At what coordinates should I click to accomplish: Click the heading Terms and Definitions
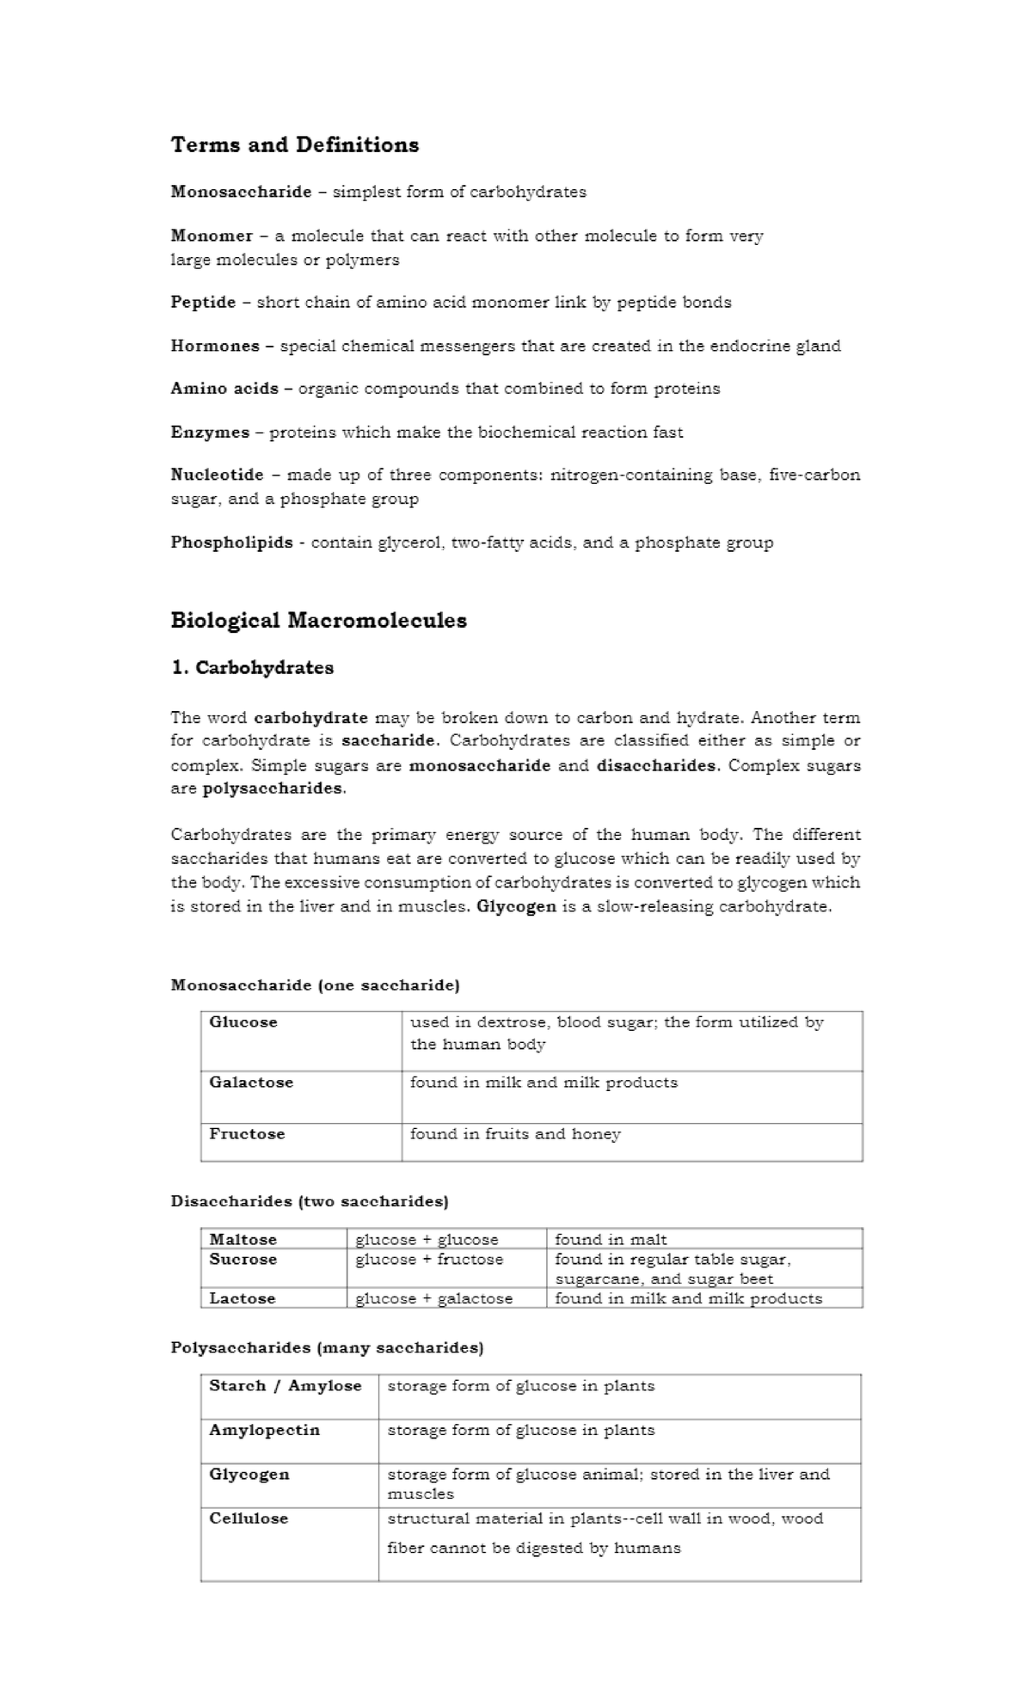click(x=294, y=144)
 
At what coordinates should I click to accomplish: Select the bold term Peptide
click(x=203, y=302)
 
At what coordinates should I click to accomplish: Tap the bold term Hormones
click(x=215, y=346)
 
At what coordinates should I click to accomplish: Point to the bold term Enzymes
click(x=210, y=432)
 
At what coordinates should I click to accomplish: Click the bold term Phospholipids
click(x=231, y=543)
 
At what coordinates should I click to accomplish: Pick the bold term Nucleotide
click(x=217, y=475)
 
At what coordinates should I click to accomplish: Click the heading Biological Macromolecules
click(x=318, y=620)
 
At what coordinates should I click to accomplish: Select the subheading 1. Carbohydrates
click(x=252, y=668)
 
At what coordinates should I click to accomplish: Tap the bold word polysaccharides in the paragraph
click(x=272, y=788)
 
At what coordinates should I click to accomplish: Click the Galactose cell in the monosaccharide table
click(x=251, y=1083)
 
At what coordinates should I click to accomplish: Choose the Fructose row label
click(x=247, y=1134)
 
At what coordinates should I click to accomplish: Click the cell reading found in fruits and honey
click(x=515, y=1134)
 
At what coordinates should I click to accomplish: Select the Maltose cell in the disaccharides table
click(x=243, y=1239)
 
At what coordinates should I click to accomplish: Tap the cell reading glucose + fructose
click(x=429, y=1260)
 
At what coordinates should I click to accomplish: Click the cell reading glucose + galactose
click(x=434, y=1298)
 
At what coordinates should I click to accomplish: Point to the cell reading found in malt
click(x=611, y=1239)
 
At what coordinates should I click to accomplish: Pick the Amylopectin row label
click(x=264, y=1430)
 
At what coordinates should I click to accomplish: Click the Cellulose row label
click(x=249, y=1518)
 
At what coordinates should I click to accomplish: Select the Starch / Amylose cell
click(x=286, y=1386)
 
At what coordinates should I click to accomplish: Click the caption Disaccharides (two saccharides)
click(x=310, y=1201)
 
